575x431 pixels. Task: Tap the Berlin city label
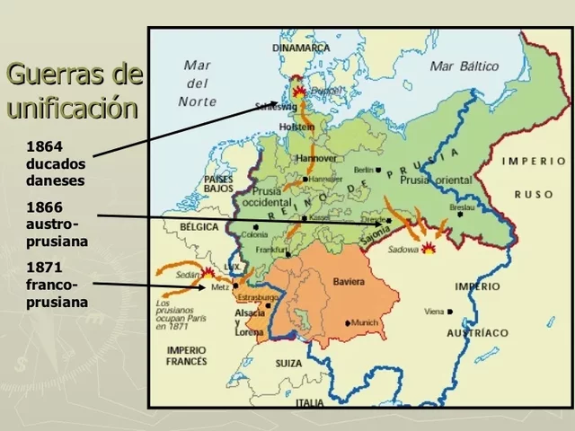[364, 170]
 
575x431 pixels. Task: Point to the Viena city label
[435, 312]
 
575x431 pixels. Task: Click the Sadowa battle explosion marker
[430, 249]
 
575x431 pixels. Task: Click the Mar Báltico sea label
[464, 66]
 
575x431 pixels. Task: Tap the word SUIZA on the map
[289, 364]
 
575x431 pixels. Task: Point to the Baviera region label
[349, 282]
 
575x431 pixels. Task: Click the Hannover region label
[315, 158]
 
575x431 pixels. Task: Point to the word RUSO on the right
[533, 194]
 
